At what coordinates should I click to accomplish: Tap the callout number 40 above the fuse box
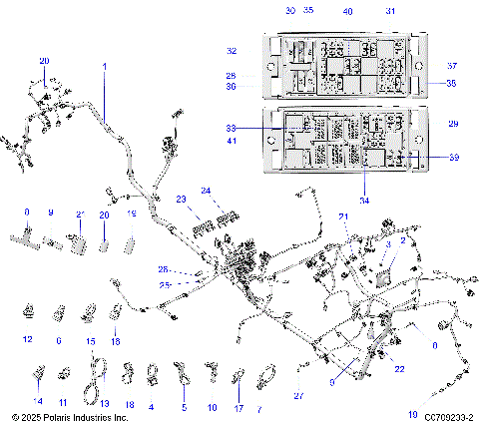click(347, 11)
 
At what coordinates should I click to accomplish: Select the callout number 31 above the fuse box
click(390, 11)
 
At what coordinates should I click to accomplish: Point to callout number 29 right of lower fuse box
click(453, 124)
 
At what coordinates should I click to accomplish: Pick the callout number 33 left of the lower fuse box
click(232, 129)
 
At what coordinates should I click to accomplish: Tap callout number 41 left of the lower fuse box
click(232, 142)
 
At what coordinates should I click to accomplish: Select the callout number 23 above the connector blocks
click(183, 200)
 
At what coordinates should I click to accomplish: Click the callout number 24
click(206, 191)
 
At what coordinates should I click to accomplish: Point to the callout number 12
click(27, 340)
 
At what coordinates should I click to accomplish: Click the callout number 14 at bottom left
click(38, 406)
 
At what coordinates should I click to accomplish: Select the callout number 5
click(184, 407)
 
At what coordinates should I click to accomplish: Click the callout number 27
click(296, 396)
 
